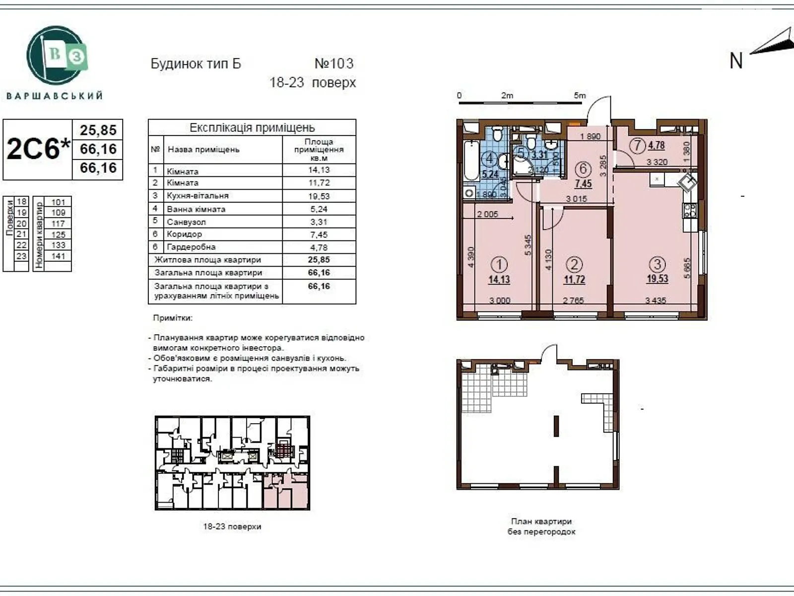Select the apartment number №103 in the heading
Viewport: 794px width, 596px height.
334,64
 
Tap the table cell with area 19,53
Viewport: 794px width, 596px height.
319,196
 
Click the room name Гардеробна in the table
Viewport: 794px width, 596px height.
191,247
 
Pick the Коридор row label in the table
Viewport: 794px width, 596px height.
184,234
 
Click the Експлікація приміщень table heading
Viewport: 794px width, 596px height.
252,128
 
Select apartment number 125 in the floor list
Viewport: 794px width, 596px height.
58,234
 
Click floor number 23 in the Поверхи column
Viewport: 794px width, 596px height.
21,256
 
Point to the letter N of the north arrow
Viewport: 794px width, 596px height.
736,61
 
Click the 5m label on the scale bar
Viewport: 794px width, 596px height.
580,95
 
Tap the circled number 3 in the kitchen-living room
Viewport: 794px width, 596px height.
657,264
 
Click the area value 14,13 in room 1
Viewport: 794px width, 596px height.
499,280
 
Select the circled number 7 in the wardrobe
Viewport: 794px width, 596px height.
637,146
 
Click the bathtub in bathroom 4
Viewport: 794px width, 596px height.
471,160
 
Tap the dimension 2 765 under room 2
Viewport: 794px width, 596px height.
573,300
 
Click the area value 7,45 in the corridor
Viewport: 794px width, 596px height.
583,184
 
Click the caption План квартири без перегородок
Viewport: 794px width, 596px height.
541,526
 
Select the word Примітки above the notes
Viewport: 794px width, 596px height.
173,318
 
